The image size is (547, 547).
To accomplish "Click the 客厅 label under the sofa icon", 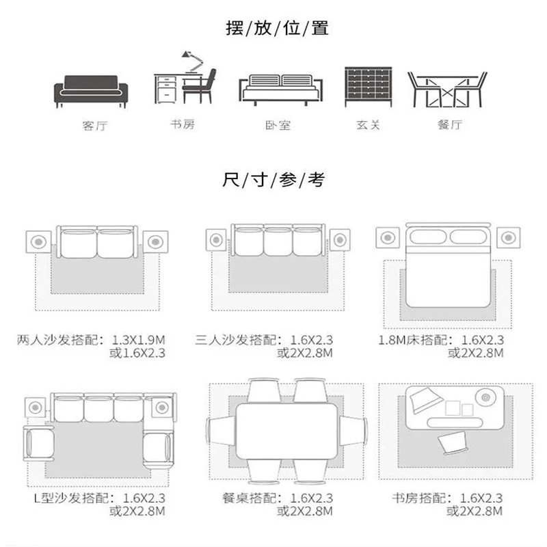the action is click(x=95, y=125).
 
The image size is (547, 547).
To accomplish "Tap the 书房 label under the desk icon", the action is click(x=183, y=124).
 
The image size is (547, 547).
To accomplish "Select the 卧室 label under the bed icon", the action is click(x=278, y=125).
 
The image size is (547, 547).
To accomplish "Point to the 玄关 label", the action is click(x=368, y=124).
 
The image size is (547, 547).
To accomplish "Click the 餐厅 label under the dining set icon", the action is click(x=450, y=124).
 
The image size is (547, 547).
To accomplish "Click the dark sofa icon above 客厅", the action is click(x=91, y=92).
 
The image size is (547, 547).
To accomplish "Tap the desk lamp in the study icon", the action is click(x=193, y=62).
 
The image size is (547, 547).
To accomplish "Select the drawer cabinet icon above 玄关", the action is click(x=369, y=87).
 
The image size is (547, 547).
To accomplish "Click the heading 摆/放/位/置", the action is click(x=278, y=28).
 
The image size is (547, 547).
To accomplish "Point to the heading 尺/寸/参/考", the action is click(x=274, y=180).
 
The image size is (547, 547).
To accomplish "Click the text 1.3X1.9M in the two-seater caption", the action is click(x=139, y=339).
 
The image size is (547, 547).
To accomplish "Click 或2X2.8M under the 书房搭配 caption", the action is click(x=475, y=511).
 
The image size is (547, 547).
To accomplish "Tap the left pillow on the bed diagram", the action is click(x=428, y=237).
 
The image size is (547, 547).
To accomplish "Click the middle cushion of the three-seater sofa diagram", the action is click(x=278, y=242).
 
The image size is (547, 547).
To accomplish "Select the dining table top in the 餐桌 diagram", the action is click(x=286, y=431).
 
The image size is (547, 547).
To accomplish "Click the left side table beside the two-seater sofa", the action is click(x=38, y=242).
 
